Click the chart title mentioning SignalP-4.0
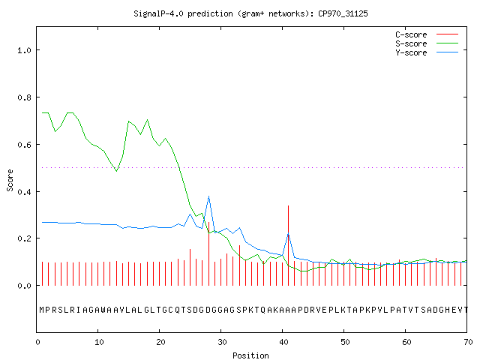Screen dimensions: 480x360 (x=250, y=13)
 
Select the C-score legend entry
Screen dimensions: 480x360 (x=427, y=34)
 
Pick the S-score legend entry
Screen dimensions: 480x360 (x=427, y=43)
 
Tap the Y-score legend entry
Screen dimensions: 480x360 (x=427, y=52)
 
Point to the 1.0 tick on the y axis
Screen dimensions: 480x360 (x=24, y=50)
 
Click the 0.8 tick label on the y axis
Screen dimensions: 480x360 (x=24, y=97)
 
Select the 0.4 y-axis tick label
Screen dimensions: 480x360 (x=24, y=192)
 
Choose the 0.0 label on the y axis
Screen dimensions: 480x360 (x=24, y=286)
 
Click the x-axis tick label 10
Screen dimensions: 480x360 (x=99, y=342)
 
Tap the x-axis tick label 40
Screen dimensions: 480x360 (x=283, y=342)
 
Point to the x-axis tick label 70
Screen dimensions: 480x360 (x=468, y=342)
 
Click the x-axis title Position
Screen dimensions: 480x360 (x=250, y=355)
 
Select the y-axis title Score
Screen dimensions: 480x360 (x=10, y=180)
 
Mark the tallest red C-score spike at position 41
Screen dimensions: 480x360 (x=288, y=245)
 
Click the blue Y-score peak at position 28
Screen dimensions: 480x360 (x=208, y=196)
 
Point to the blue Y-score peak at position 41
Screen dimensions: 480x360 (x=288, y=234)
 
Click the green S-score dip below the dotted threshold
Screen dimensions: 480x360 (x=117, y=171)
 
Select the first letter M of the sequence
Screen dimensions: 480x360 (x=42, y=310)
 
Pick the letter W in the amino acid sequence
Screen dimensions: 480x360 (x=103, y=310)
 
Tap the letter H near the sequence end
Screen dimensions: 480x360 (x=447, y=310)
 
